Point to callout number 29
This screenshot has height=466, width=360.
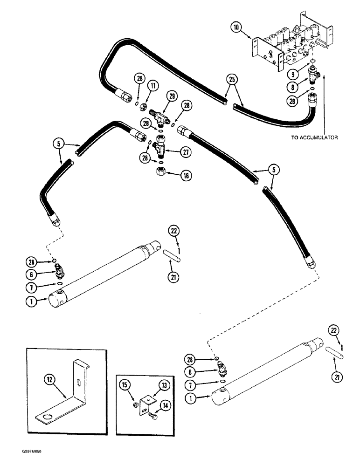pos(172,96)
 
